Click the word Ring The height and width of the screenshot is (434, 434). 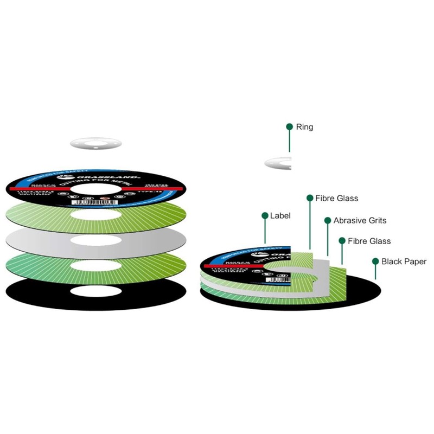pyautogui.click(x=304, y=127)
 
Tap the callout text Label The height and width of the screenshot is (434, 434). pyautogui.click(x=280, y=216)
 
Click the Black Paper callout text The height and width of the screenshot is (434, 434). pyautogui.click(x=404, y=261)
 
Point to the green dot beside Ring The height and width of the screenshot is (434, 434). pyautogui.click(x=290, y=127)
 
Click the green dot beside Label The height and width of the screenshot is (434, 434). pyautogui.click(x=265, y=216)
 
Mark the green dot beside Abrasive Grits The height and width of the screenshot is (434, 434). pyautogui.click(x=328, y=221)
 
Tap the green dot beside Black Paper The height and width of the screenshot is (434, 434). pyautogui.click(x=375, y=261)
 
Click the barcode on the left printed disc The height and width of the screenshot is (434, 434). pyautogui.click(x=91, y=202)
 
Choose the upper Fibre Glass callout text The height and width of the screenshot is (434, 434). pyautogui.click(x=337, y=199)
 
